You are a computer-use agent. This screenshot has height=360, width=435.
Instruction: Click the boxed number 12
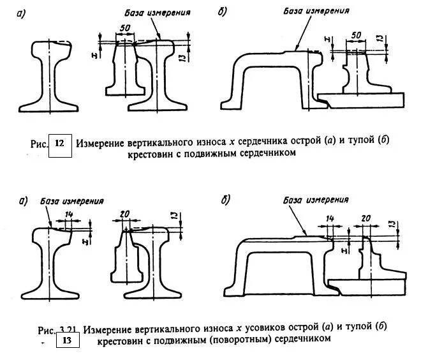click(59, 143)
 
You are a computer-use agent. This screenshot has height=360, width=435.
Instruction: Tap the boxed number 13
click(67, 341)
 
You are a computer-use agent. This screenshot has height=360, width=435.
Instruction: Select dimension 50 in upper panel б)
click(357, 34)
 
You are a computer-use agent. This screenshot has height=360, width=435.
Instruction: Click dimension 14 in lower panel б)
click(329, 218)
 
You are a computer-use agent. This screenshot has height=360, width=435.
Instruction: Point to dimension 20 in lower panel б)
click(365, 218)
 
